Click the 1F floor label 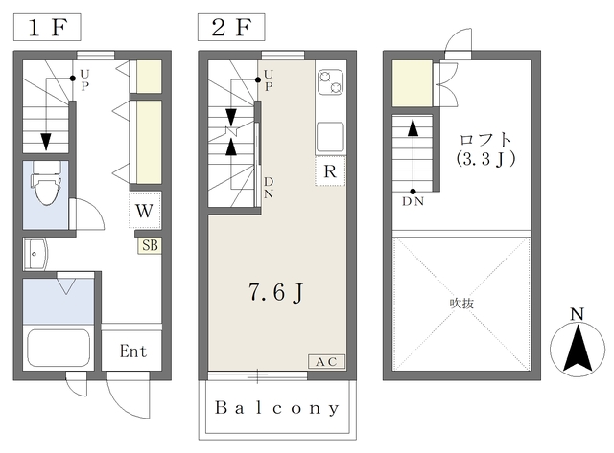[47, 28]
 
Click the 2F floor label [231, 28]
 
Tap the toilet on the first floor [46, 183]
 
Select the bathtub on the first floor [59, 348]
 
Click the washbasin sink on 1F [35, 254]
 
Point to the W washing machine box [145, 211]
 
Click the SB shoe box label [150, 245]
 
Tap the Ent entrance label [133, 351]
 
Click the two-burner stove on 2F [330, 81]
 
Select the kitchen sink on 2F [330, 137]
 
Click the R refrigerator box [330, 170]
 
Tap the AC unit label [326, 362]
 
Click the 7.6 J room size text [276, 292]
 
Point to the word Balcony [277, 408]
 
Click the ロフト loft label [485, 140]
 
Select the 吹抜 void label [461, 303]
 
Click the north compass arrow [578, 349]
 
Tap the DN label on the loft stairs [413, 202]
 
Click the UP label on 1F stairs [84, 80]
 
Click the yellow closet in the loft [412, 83]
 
